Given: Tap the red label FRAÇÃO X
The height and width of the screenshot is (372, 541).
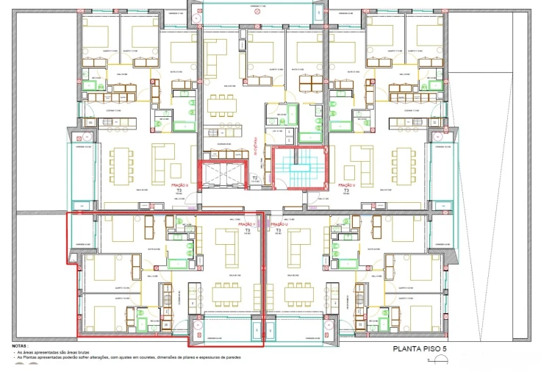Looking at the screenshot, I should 180,186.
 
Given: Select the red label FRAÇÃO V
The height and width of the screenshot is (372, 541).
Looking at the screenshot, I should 346,186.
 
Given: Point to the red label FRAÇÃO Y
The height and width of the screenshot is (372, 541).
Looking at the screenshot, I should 248,224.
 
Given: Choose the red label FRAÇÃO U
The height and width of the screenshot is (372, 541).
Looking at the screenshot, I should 279,224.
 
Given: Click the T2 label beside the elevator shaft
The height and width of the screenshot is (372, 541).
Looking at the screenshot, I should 255,179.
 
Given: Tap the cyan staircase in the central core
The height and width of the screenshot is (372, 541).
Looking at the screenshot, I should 299,168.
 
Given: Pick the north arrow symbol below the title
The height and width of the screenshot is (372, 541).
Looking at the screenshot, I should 441,360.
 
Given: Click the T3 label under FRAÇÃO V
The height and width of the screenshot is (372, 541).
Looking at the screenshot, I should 346,190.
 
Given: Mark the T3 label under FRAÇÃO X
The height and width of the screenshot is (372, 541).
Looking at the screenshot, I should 180,190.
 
